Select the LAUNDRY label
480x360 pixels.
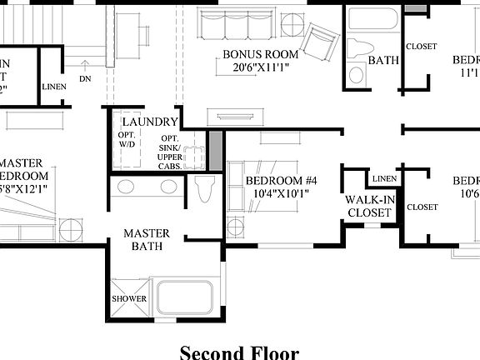pos(149,121)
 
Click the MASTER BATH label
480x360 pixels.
pos(147,239)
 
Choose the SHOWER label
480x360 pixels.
pos(129,298)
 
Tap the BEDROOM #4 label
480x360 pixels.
pos(281,181)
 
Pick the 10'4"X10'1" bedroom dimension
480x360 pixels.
pos(281,193)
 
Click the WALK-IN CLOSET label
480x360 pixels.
pos(368,207)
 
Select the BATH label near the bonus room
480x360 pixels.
pos(383,61)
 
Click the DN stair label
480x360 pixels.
pos(85,79)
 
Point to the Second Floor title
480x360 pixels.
pos(238,352)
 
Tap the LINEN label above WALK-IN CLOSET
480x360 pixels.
pos(384,179)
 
